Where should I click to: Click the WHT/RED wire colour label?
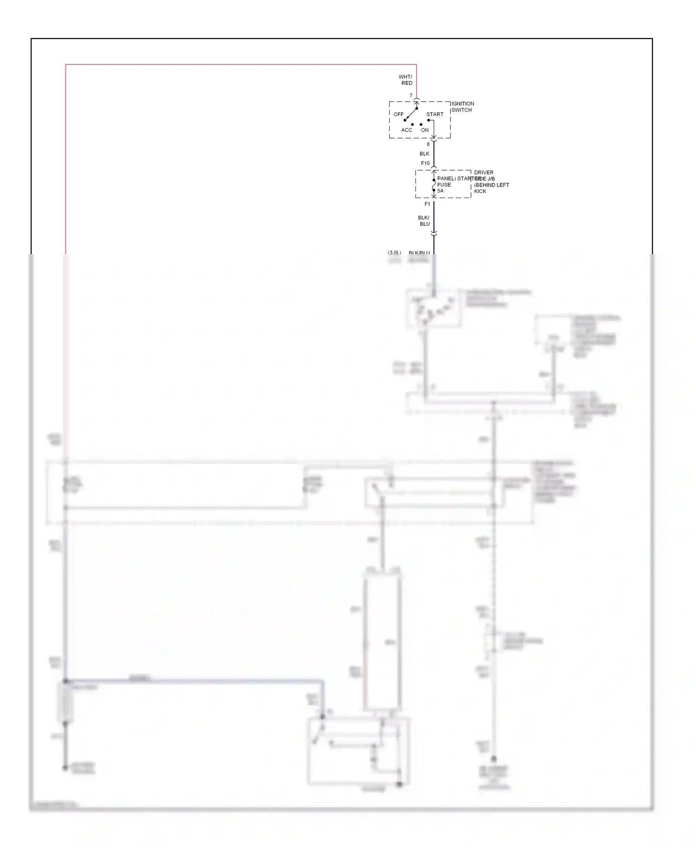(406, 80)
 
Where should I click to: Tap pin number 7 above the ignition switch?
(411, 96)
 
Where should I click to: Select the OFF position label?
(399, 114)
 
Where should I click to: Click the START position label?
(435, 114)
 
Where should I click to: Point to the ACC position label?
(406, 130)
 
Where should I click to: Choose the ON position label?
(425, 130)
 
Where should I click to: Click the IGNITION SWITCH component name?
(462, 107)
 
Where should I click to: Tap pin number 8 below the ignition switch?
(428, 144)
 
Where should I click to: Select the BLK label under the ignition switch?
(425, 154)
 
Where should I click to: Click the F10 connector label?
(425, 163)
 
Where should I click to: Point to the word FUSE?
(444, 185)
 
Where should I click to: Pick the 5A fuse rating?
(440, 191)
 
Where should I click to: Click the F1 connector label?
(427, 204)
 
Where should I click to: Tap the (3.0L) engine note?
(394, 253)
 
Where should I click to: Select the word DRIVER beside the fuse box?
(483, 173)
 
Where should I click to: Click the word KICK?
(480, 191)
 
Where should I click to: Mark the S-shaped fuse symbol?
(434, 185)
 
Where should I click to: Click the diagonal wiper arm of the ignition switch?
(411, 114)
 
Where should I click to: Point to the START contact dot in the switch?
(428, 120)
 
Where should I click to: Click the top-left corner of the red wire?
(66, 65)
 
